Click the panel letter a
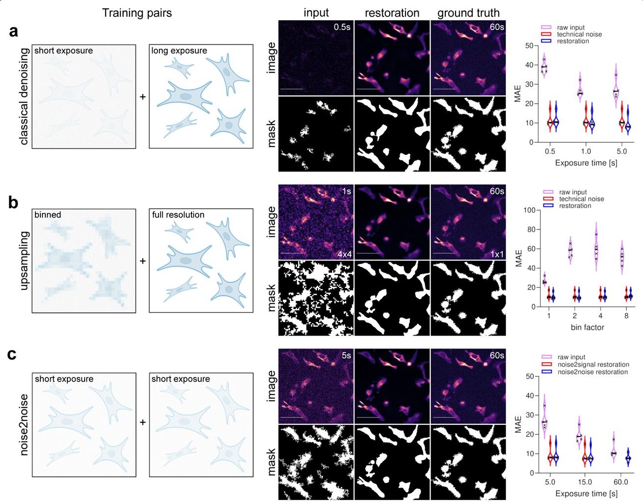(14, 31)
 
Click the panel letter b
(14, 202)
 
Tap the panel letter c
(12, 354)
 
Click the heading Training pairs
(137, 13)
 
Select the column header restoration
(392, 13)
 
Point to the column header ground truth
(468, 13)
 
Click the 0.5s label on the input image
(342, 27)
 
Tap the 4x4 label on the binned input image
(344, 254)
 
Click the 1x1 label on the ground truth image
(497, 254)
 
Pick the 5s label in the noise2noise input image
(346, 355)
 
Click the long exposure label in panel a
(179, 51)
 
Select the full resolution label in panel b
(178, 215)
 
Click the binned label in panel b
(48, 215)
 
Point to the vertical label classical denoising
(24, 97)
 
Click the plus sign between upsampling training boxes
(143, 261)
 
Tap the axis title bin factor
(587, 327)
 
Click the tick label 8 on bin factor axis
(626, 316)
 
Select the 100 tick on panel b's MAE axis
(529, 210)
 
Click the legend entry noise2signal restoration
(593, 365)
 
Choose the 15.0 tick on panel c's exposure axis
(585, 482)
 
